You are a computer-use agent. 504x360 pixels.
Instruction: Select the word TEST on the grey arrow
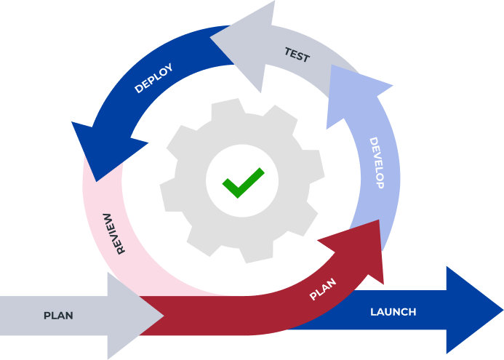click(x=297, y=55)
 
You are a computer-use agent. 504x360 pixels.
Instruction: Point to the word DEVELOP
click(x=375, y=163)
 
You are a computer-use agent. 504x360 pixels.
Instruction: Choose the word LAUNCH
click(x=393, y=312)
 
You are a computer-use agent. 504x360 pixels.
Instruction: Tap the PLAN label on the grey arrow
click(x=58, y=316)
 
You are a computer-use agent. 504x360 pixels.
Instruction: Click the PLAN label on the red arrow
click(x=323, y=289)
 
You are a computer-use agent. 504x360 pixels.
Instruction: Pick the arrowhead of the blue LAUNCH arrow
click(x=473, y=311)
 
